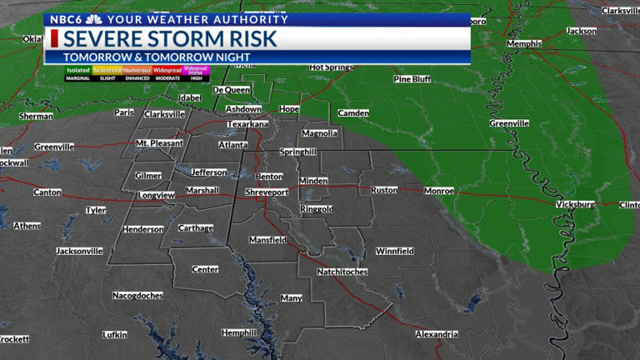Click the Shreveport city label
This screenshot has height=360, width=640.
(267, 192)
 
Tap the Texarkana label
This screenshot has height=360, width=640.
(248, 124)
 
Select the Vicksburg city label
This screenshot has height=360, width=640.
(575, 204)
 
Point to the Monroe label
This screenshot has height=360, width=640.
(439, 191)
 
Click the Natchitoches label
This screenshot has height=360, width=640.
(342, 272)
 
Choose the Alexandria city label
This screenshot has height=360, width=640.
(437, 334)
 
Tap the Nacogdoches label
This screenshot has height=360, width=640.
(139, 295)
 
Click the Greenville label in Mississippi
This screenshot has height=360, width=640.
(509, 123)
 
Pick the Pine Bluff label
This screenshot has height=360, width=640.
(412, 79)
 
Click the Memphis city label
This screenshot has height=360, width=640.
(524, 43)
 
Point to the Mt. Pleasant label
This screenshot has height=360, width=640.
(159, 143)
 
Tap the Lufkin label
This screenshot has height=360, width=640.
(115, 335)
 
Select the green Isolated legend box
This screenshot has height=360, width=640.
(78, 71)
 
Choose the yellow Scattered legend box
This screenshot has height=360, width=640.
(107, 71)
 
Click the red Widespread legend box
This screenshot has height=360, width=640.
(167, 71)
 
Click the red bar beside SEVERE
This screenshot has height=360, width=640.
(54, 39)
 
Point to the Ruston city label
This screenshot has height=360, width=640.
(384, 190)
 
